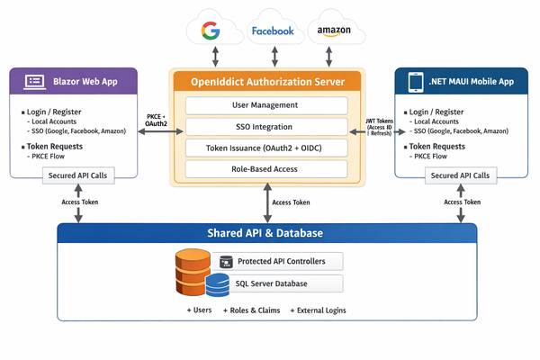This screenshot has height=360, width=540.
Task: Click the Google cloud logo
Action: click(211, 31)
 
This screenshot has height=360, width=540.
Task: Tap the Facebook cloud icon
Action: click(273, 31)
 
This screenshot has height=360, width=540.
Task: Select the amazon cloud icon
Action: click(334, 31)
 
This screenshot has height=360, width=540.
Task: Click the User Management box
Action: click(266, 105)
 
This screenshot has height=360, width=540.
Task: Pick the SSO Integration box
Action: click(266, 126)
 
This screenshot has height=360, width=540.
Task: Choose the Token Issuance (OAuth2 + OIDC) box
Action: click(266, 148)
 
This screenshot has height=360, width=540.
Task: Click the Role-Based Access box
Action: click(266, 168)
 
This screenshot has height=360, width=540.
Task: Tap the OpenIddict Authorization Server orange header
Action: click(266, 81)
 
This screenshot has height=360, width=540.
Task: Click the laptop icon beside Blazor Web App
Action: click(35, 81)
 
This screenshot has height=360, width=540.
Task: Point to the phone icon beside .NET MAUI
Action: click(416, 81)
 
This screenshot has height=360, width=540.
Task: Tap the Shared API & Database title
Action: click(266, 233)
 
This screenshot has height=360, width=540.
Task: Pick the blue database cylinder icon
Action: click(217, 286)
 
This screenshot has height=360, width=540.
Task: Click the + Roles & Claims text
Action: click(252, 310)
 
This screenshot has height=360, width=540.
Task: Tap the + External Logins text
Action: click(316, 310)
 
